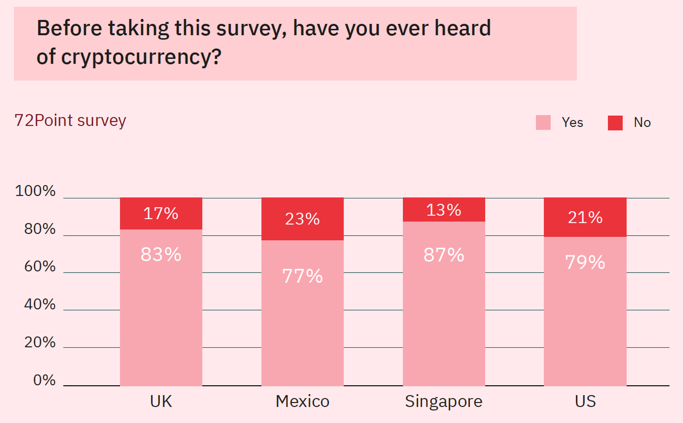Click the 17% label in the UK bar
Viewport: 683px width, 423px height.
pyautogui.click(x=161, y=214)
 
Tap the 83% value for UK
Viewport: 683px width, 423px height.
pyautogui.click(x=161, y=254)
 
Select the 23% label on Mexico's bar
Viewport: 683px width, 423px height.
pyautogui.click(x=302, y=219)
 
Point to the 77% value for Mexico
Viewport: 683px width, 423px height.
pyautogui.click(x=302, y=276)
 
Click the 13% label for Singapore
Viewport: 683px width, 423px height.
pyautogui.click(x=444, y=210)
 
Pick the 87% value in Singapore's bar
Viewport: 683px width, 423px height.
pyautogui.click(x=444, y=255)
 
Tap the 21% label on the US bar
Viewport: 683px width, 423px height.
pyautogui.click(x=585, y=218)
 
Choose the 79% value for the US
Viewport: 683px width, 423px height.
pyautogui.click(x=585, y=262)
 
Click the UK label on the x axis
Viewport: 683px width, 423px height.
pyautogui.click(x=161, y=401)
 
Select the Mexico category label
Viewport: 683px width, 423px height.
pyautogui.click(x=302, y=401)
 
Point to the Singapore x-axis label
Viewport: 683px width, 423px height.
pyautogui.click(x=444, y=401)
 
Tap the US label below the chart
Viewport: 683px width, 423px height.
pyautogui.click(x=585, y=401)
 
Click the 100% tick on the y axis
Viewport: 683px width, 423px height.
pyautogui.click(x=35, y=191)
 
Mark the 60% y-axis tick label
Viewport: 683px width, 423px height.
pyautogui.click(x=40, y=266)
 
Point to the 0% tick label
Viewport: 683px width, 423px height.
pyautogui.click(x=44, y=380)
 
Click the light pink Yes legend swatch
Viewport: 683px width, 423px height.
pyautogui.click(x=543, y=122)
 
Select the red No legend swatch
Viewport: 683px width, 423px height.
pyautogui.click(x=615, y=123)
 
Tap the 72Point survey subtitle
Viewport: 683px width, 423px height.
pyautogui.click(x=70, y=121)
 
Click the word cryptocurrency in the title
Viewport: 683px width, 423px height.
pyautogui.click(x=141, y=57)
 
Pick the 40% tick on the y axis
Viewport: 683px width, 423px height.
pyautogui.click(x=40, y=304)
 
